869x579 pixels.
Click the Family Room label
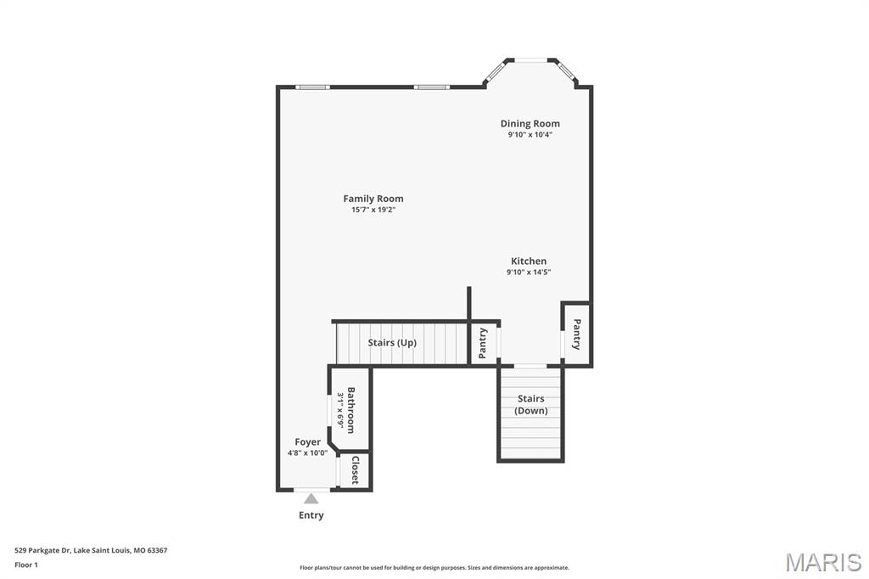tap(373, 199)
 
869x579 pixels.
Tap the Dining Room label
tap(530, 124)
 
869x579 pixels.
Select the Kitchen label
tap(529, 261)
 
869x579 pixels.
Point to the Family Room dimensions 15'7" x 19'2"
tap(373, 210)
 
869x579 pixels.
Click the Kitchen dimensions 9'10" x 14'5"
tap(529, 272)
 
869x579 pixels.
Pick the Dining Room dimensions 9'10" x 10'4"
tap(530, 135)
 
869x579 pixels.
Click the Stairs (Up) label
tap(392, 343)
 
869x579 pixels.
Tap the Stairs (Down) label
tap(531, 404)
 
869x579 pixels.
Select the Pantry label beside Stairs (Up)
tap(483, 343)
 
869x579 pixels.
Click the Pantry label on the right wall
tap(576, 334)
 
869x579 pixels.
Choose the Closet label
tap(356, 470)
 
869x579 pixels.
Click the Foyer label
tap(307, 442)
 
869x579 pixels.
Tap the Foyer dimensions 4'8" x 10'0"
tap(307, 453)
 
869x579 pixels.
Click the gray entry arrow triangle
tap(311, 499)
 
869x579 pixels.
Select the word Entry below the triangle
tap(311, 515)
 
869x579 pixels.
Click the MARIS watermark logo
tap(823, 562)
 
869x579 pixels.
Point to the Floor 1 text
tap(26, 565)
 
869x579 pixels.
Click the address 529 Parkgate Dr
tap(42, 551)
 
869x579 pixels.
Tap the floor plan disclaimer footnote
tap(434, 568)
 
